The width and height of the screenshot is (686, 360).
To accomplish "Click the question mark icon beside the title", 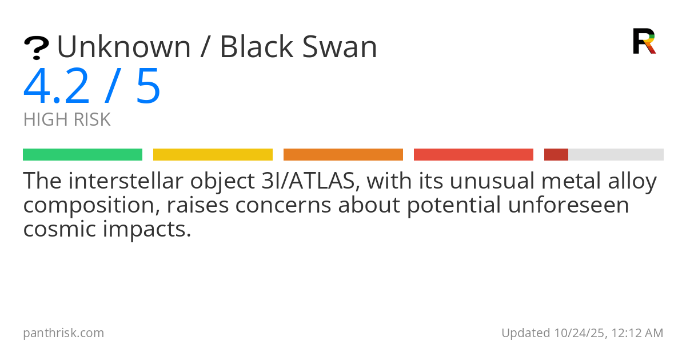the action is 37,48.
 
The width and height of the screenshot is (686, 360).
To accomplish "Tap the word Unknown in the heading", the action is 124,47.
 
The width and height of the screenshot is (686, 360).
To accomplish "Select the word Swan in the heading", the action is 340,46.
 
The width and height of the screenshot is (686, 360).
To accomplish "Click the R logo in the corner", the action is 644,41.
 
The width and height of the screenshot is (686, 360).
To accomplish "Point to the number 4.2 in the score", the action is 57,86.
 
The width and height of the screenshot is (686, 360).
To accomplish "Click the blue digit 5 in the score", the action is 148,86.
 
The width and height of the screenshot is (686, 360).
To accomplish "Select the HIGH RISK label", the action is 67,119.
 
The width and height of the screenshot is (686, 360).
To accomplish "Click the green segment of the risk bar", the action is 83,155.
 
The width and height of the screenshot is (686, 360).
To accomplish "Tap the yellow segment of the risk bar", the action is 213,155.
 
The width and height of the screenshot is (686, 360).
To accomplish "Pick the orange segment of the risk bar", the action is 344,155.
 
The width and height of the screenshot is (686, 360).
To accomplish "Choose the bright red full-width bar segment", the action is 473,155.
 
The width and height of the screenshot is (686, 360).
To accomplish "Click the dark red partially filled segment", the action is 556,155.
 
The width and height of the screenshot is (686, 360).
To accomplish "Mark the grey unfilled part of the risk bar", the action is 616,155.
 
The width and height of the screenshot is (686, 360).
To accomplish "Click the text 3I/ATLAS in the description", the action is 310,181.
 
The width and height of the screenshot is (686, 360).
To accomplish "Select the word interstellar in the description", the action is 126,181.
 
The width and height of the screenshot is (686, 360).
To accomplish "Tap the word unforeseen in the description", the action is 568,205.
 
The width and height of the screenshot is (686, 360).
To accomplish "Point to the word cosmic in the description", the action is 59,229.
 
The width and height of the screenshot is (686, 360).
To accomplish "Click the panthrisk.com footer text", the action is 63,333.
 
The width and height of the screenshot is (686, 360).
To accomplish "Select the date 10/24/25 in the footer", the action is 579,333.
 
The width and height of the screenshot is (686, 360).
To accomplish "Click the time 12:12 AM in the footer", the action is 637,333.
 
